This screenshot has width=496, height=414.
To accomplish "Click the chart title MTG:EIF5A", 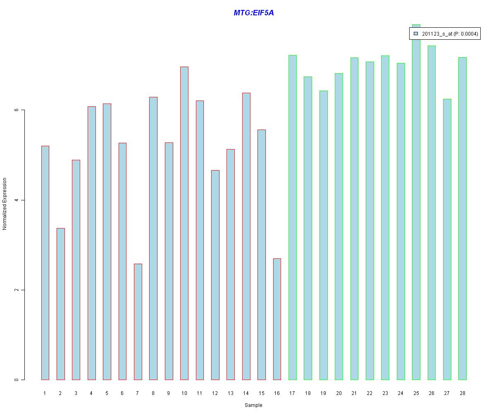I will (253, 13).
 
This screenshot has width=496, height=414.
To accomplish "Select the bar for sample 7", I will (138, 322).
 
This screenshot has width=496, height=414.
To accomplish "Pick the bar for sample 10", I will (184, 224).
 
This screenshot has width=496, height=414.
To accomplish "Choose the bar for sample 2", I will (61, 304).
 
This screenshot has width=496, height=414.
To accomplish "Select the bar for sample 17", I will (293, 217).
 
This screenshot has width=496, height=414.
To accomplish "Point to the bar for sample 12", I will (215, 275).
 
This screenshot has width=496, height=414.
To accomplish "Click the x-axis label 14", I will (246, 393).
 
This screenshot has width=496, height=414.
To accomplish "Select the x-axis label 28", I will (462, 393).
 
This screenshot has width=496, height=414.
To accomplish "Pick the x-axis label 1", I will (45, 393).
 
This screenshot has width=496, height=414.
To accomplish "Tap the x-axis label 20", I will (339, 393).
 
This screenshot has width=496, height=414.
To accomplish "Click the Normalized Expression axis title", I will (5, 204).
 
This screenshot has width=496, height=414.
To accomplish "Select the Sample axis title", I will (253, 405).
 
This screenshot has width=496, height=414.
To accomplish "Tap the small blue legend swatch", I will (416, 34).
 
